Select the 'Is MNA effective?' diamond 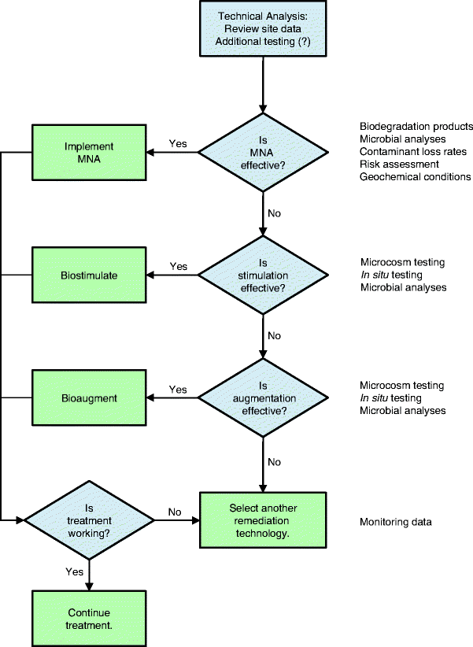click(x=262, y=153)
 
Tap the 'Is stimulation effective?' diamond click(x=262, y=275)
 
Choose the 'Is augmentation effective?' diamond click(x=262, y=397)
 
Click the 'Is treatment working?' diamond click(x=89, y=520)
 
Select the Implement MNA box click(x=89, y=152)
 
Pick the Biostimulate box click(x=89, y=275)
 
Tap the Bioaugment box click(x=89, y=398)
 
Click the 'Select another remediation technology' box click(x=263, y=520)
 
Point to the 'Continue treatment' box click(x=89, y=619)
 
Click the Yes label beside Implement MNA click(x=179, y=143)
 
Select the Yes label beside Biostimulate click(x=179, y=266)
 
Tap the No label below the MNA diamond click(x=274, y=213)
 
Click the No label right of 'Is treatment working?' click(x=175, y=512)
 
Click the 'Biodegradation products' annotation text click(x=416, y=127)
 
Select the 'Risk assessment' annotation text click(x=399, y=165)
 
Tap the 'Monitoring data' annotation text click(x=396, y=522)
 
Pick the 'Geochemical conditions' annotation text click(x=415, y=177)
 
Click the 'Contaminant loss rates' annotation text click(x=413, y=152)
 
